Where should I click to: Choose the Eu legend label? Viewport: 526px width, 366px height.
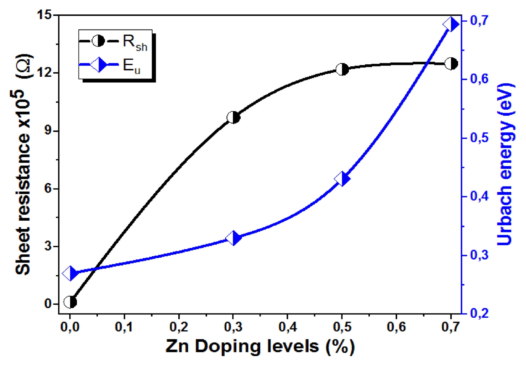point(131,66)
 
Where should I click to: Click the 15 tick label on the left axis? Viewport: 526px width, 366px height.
point(44,15)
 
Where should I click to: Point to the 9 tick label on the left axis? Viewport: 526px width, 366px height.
point(48,131)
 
